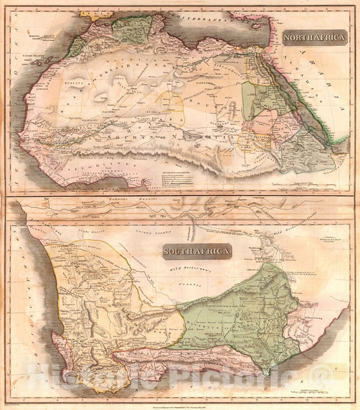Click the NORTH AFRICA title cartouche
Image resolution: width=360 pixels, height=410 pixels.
315,38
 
